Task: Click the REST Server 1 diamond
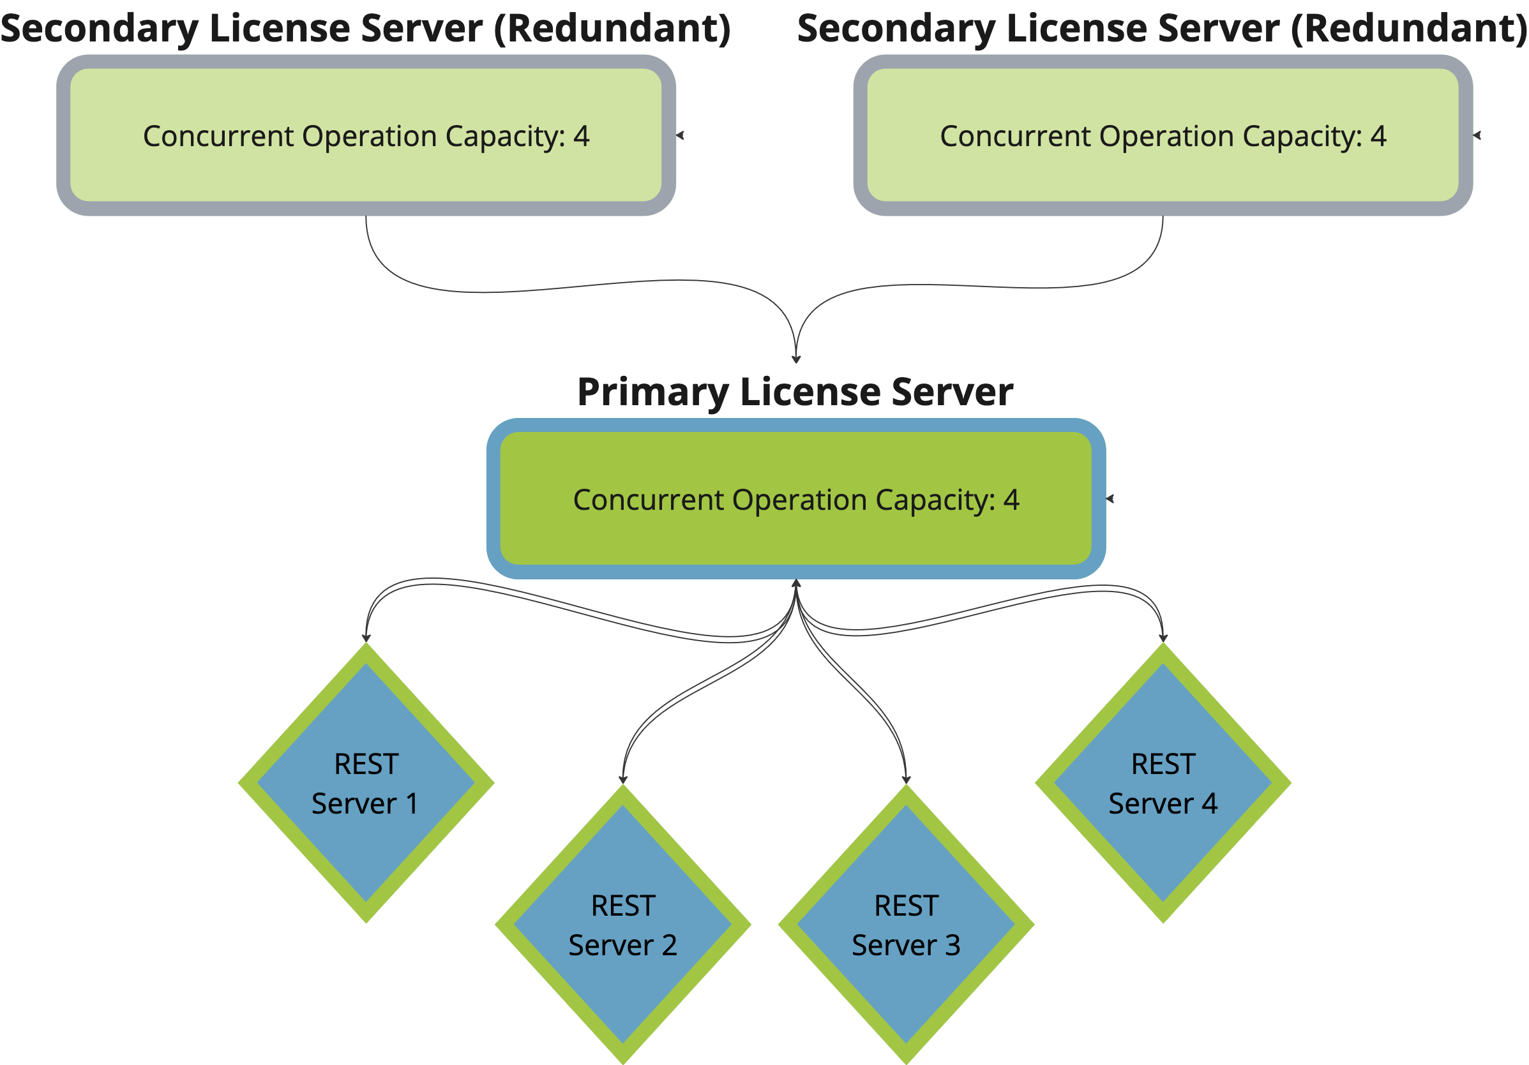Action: (366, 783)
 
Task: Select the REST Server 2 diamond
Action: (622, 925)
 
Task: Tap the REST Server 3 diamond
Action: (906, 925)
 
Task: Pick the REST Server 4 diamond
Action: (1163, 783)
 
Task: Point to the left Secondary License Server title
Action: (365, 28)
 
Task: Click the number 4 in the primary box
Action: (1011, 499)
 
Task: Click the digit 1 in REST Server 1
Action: (412, 803)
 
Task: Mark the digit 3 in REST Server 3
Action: (953, 945)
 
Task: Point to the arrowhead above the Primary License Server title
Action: (796, 359)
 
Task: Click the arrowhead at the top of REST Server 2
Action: (622, 779)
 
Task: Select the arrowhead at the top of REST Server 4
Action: (1163, 637)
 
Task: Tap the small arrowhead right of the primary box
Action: (1110, 498)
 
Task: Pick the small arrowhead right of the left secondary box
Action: (680, 135)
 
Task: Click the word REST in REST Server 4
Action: (1163, 764)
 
